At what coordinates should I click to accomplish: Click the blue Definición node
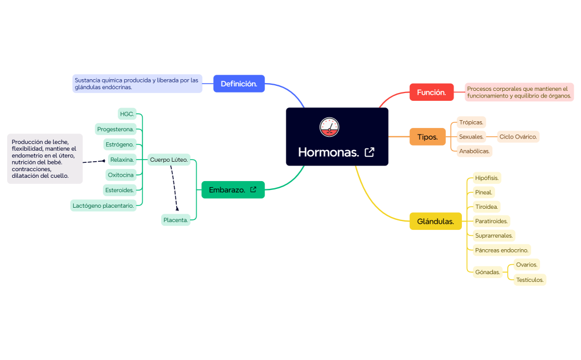coord(239,84)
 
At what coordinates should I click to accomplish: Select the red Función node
coord(431,92)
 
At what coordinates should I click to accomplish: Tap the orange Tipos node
coord(427,137)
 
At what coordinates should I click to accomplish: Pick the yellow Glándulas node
coord(435,222)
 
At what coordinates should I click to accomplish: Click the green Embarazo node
coord(233,190)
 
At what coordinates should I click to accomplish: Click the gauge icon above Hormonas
coord(330,127)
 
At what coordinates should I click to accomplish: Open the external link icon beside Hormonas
coord(369,152)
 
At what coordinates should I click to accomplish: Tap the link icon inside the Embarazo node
coord(253,190)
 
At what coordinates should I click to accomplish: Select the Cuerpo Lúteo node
coord(169,160)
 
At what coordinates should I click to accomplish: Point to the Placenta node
coord(176,220)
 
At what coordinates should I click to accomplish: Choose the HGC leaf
coord(127,114)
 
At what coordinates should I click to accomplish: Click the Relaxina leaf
coord(122,160)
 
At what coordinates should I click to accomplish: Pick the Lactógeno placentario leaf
coord(103,205)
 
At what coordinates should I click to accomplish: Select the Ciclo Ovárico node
coord(518,137)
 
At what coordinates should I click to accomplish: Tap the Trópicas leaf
coord(471,122)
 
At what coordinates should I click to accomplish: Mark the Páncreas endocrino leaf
coord(501,250)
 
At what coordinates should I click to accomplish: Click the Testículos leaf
coord(529,280)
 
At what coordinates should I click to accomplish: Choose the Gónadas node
coord(487,272)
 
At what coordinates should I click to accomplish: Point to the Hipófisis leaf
coord(487,178)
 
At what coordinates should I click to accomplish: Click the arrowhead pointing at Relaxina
coord(103,161)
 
